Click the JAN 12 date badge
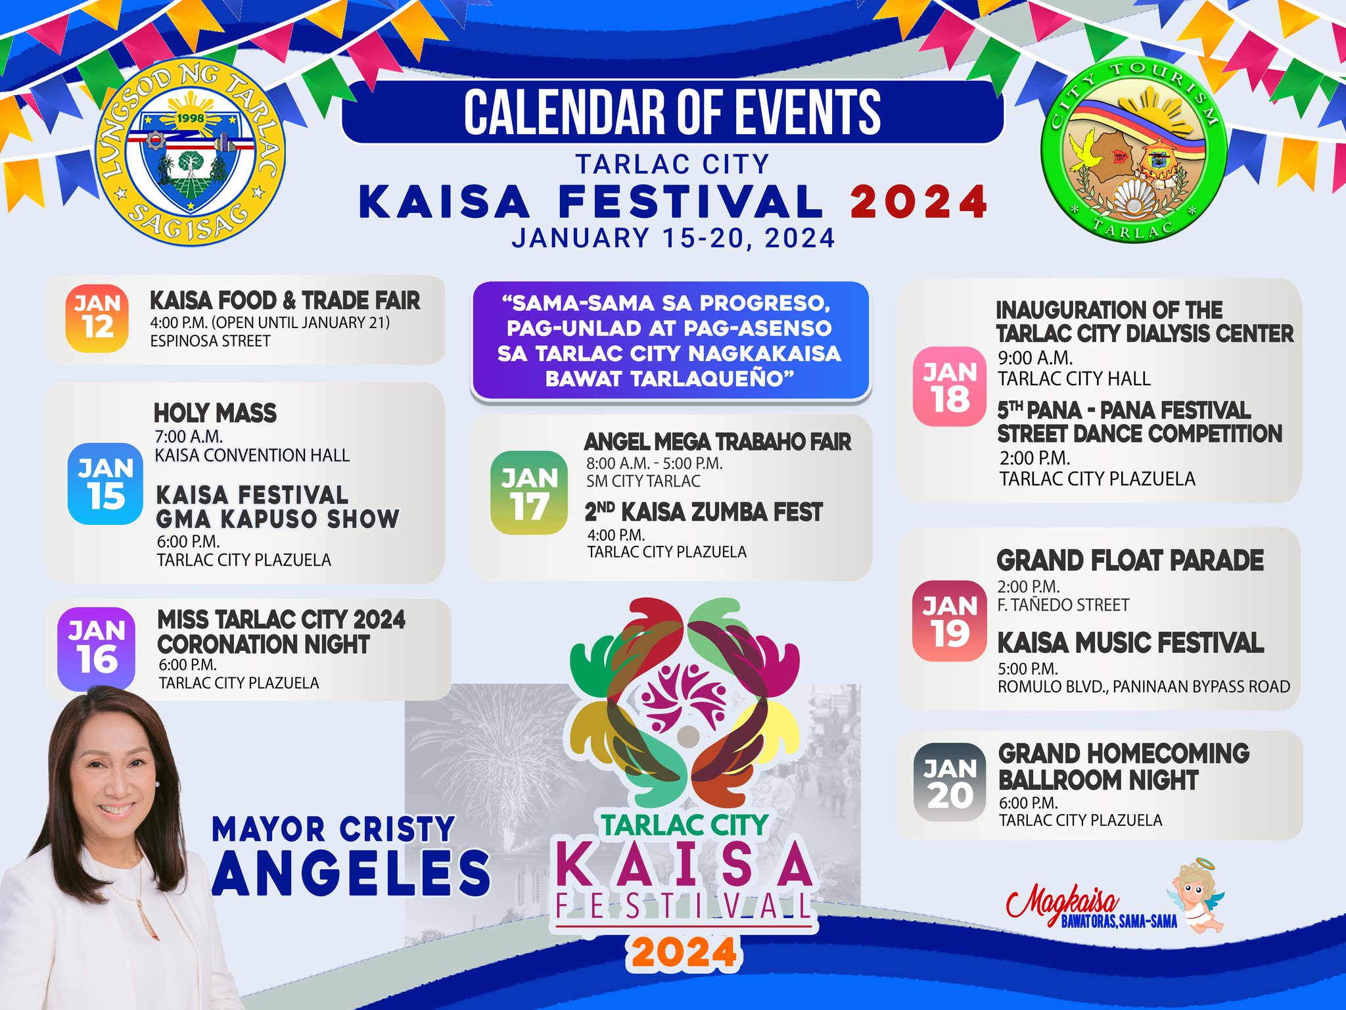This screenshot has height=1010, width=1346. point(97,318)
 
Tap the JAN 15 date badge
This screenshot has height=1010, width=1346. point(105,483)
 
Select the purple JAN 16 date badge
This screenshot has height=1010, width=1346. point(97,648)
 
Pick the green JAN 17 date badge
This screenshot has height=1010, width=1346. point(529,493)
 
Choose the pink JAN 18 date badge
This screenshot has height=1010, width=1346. point(950,387)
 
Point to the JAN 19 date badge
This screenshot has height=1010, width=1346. point(950,620)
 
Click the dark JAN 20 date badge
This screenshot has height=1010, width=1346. point(950,782)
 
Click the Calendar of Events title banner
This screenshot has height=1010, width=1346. point(672,112)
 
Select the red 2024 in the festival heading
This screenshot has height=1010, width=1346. point(919,201)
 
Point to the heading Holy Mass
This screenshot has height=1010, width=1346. point(215,413)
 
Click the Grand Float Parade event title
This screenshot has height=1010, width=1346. point(1130,560)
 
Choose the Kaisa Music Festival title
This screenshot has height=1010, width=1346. point(1130,642)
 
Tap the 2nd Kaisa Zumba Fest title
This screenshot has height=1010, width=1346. point(704,511)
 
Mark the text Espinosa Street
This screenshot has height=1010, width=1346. point(210,341)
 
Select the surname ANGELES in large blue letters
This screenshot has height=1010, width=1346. point(352,873)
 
